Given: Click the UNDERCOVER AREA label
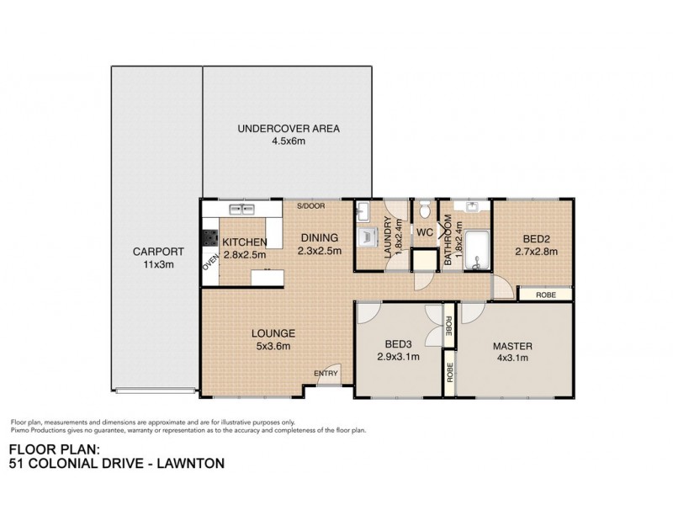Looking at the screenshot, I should coord(288,129).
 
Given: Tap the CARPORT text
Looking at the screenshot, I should coord(156,251).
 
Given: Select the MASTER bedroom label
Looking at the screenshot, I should coord(513,345).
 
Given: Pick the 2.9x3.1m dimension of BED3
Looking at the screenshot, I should coord(398,357).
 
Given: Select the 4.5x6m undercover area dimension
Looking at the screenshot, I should coord(288,141).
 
